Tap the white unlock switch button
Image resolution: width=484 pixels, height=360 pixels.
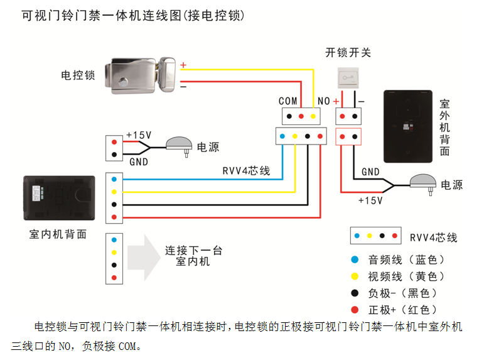pyautogui.click(x=348, y=77)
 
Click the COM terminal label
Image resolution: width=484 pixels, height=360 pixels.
pyautogui.click(x=288, y=101)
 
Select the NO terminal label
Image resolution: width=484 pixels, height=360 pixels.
pyautogui.click(x=324, y=101)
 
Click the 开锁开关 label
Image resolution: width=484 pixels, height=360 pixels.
pyautogui.click(x=348, y=52)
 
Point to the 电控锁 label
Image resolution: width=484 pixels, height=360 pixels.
pyautogui.click(x=78, y=75)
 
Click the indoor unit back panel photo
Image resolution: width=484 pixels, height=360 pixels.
pyautogui.click(x=58, y=199)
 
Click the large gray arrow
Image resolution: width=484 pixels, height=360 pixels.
pyautogui.click(x=143, y=258)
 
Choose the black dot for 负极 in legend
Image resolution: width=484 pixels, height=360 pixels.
pyautogui.click(x=355, y=293)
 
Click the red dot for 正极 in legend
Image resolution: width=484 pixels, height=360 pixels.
pyautogui.click(x=355, y=309)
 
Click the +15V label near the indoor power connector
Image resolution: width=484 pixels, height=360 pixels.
pyautogui.click(x=139, y=135)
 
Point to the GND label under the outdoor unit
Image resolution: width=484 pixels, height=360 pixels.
pyautogui.click(x=370, y=172)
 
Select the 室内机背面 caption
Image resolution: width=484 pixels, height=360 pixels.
pyautogui.click(x=58, y=234)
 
